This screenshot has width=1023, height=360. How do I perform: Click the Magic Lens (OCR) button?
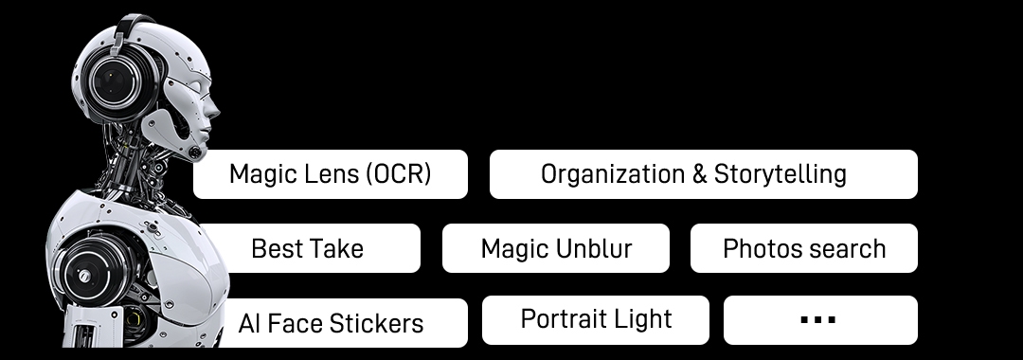330,174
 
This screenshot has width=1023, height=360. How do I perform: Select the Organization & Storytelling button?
703,174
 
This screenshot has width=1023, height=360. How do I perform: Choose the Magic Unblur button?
555,248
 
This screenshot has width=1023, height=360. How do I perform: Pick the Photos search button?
803,248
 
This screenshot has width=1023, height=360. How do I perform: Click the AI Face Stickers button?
332,323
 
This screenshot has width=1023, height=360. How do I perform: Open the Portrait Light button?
595,319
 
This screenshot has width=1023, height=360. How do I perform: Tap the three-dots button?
819,319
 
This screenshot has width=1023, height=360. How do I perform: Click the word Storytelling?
780,174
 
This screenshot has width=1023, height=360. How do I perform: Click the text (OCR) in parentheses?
397,174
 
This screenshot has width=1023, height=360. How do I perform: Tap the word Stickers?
379,323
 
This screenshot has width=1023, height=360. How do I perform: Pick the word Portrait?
563,319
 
